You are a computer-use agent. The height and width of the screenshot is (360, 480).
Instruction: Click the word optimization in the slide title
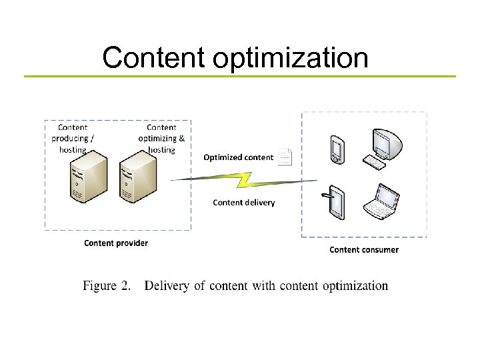point(291,59)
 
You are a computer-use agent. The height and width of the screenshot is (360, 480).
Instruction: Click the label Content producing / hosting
point(73,138)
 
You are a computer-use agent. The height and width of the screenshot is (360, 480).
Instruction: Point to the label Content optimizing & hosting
point(161,138)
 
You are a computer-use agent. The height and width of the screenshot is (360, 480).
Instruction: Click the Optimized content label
point(238,157)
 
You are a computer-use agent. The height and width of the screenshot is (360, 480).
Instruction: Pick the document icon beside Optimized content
point(285,157)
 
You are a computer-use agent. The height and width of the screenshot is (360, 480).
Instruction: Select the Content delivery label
point(243,202)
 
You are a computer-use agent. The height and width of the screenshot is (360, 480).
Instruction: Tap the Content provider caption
point(116,243)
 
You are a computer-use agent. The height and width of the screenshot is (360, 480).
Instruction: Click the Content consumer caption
point(364,249)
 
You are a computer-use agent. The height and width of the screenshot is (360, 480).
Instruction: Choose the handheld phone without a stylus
point(337,150)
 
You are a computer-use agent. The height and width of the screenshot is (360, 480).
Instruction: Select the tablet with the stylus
point(337,205)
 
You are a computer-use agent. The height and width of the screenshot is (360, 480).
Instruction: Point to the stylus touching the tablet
point(326,196)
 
